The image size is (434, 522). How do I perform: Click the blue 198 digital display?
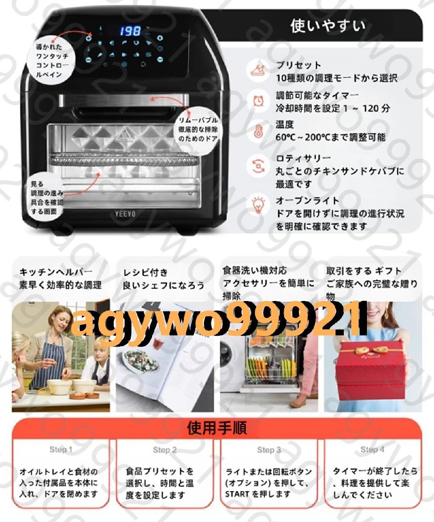coord(130,31)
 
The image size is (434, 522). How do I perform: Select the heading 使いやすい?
coord(328,26)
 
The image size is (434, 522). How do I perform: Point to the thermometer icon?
coord(258,130)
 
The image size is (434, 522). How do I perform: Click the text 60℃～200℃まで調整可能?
coord(330,137)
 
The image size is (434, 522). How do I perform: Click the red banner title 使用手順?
coord(217,428)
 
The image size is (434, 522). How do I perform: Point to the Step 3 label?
coord(269,450)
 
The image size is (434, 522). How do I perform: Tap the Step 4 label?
coord(373,450)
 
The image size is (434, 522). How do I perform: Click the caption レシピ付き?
coord(145,273)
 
